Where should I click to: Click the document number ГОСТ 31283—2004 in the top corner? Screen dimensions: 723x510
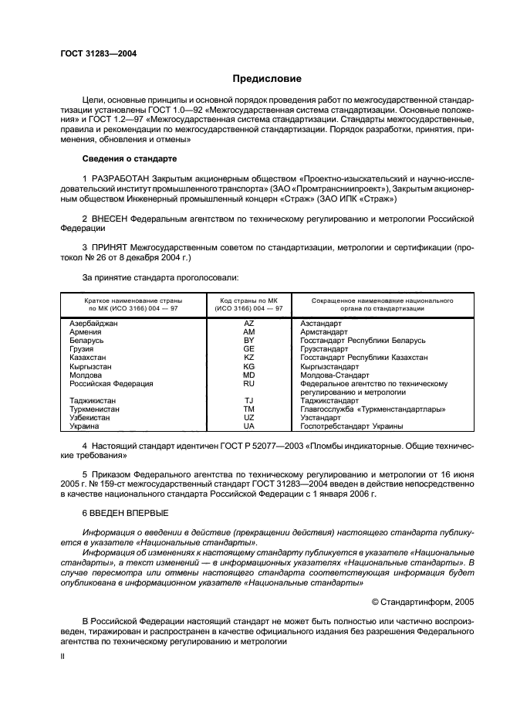pos(93,53)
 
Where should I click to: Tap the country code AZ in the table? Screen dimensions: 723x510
pos(248,324)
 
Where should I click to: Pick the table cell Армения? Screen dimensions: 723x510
pos(86,332)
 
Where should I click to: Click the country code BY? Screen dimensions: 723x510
pos(248,341)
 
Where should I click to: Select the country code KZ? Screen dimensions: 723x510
pos(248,358)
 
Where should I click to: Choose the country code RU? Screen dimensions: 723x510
pos(248,383)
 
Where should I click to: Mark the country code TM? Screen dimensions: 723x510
pos(248,409)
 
